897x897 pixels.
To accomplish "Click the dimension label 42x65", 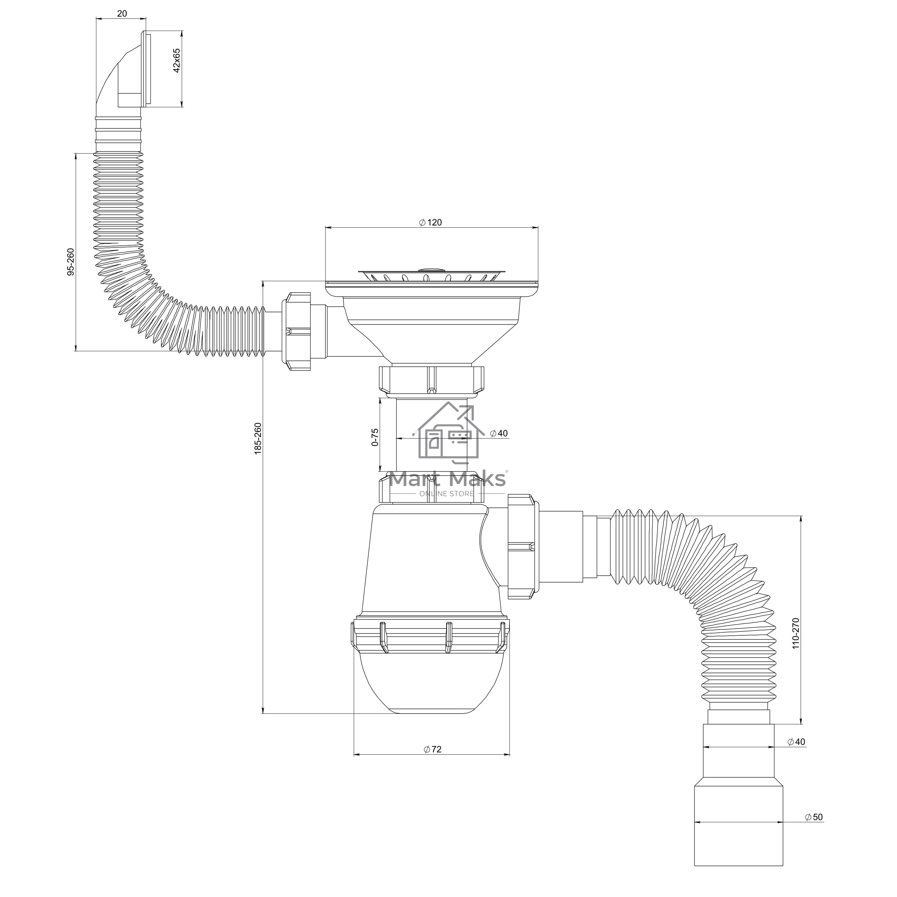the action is click(x=176, y=60).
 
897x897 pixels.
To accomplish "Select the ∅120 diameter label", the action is click(x=430, y=222).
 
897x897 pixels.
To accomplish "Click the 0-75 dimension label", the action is click(x=375, y=437).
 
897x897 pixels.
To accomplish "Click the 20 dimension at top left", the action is click(x=122, y=13).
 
